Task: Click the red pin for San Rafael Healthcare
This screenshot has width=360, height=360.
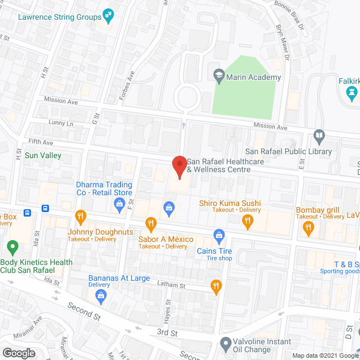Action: tap(179, 167)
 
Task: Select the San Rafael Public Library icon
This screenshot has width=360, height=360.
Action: tap(319, 136)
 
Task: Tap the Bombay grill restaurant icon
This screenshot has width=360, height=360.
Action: tap(308, 228)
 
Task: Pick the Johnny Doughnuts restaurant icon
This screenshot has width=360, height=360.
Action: tap(80, 216)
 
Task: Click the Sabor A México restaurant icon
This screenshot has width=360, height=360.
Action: tap(151, 224)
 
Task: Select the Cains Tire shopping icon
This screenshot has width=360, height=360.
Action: tap(218, 234)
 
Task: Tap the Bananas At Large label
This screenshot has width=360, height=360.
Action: tap(119, 278)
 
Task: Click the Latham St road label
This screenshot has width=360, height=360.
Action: tap(173, 286)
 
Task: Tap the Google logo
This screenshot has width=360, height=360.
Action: tap(18, 353)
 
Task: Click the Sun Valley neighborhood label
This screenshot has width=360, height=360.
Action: tap(43, 155)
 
